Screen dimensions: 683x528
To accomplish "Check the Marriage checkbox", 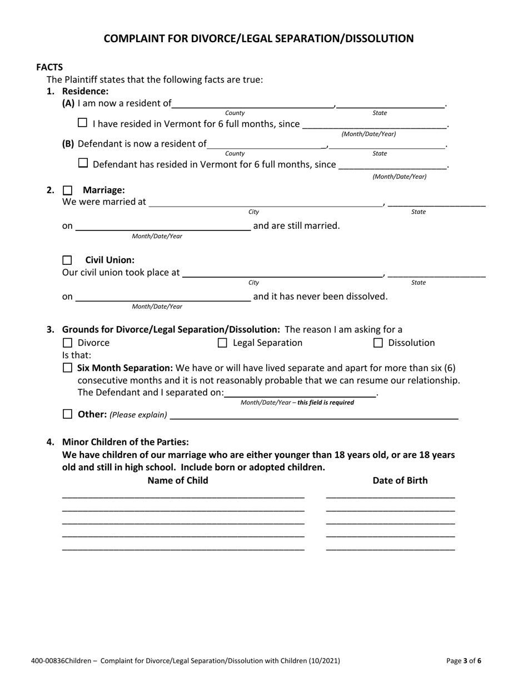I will click(67, 190).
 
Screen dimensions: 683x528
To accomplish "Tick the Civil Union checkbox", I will click(67, 260).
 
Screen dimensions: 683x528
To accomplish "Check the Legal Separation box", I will click(222, 343).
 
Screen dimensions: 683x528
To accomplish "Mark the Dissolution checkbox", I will click(378, 343).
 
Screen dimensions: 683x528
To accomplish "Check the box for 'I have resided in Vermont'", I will click(82, 123).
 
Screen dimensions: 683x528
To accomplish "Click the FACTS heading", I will click(49, 67).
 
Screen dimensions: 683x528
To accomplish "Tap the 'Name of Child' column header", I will click(178, 480).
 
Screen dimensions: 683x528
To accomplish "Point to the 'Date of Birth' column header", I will click(400, 480).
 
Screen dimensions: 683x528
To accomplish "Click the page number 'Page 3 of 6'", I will click(464, 661).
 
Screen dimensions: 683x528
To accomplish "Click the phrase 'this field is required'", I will click(326, 403).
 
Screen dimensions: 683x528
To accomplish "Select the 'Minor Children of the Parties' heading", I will click(126, 442).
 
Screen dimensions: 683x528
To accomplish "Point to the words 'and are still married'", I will click(296, 225).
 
